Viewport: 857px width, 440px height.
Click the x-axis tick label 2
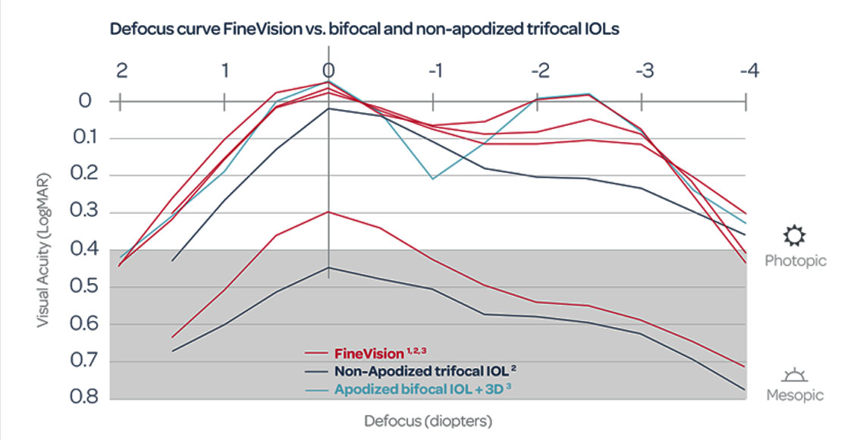[x=121, y=71]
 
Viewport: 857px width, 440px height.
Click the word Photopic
[x=795, y=261]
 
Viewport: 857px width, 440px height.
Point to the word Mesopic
[x=795, y=396]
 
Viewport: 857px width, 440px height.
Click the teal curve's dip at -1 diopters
[x=432, y=179]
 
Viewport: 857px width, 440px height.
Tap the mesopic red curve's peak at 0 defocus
[x=328, y=212]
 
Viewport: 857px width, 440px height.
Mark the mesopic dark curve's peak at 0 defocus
[x=328, y=267]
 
